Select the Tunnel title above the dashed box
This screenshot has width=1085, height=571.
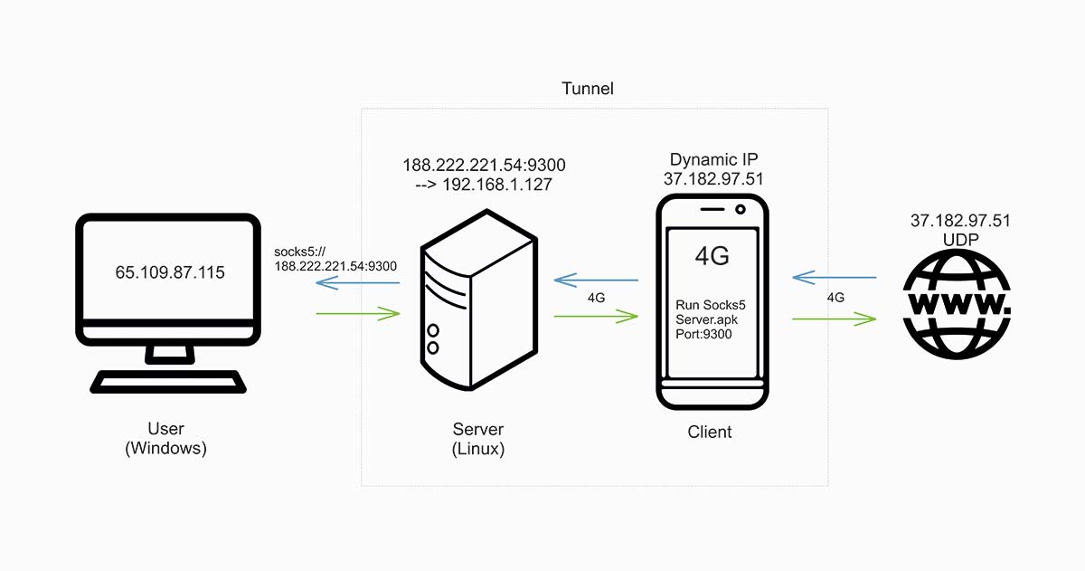pos(588,89)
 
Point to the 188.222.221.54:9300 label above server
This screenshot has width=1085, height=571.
pos(484,165)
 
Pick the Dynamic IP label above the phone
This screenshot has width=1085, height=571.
pos(713,159)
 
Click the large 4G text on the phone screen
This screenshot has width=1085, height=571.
pos(712,256)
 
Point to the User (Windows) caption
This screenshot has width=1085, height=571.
pos(165,438)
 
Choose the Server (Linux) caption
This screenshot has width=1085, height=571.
pos(478,439)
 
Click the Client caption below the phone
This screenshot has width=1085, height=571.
pos(710,433)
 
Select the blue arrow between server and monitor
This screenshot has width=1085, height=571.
pos(357,283)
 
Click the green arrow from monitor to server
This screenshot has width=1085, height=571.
pos(357,314)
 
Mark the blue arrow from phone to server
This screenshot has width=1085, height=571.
pos(597,280)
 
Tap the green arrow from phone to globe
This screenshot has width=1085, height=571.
pos(835,319)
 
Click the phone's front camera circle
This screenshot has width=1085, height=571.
pos(741,210)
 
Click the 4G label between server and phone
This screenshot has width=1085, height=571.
pos(597,297)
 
